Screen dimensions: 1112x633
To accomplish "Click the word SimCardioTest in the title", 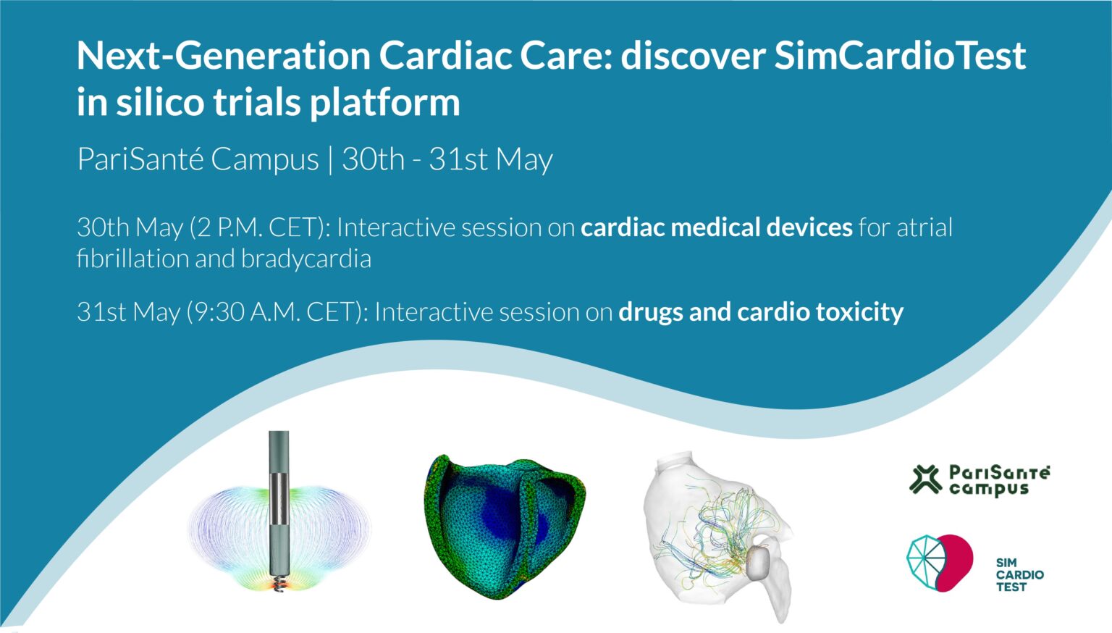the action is coord(900,56).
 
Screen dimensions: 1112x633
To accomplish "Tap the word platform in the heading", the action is coord(384,104).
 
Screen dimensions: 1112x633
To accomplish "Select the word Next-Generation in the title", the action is coord(224,56).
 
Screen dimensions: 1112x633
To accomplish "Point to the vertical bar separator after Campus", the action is coord(331,160).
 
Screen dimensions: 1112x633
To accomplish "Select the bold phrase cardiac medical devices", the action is coord(716,227).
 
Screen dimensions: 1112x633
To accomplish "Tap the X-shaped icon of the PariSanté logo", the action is coord(925,479).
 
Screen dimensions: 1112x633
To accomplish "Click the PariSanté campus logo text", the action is coord(999,480).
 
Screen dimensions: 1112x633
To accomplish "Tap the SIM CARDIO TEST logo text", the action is coord(1019,575).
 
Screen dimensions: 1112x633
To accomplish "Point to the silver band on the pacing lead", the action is coord(279,499).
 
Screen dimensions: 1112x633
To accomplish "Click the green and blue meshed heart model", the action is coord(505,527).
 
